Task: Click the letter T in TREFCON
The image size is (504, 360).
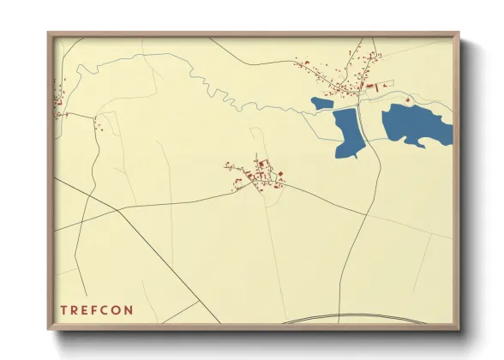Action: [x=63, y=310]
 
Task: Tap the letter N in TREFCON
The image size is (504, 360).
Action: [x=129, y=310]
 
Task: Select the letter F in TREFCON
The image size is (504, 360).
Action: [x=91, y=310]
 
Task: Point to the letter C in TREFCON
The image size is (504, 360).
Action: [x=104, y=310]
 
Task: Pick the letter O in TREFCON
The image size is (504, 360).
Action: [x=117, y=310]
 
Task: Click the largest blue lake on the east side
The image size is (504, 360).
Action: [x=416, y=125]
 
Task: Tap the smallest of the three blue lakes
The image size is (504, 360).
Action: [x=322, y=104]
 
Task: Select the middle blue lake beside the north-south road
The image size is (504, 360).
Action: [x=350, y=131]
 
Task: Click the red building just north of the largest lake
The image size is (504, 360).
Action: [x=407, y=99]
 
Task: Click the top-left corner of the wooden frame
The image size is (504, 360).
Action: [x=48, y=33]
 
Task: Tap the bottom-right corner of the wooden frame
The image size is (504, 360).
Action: [x=459, y=330]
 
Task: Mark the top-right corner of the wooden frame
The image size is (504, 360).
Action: [x=459, y=33]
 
